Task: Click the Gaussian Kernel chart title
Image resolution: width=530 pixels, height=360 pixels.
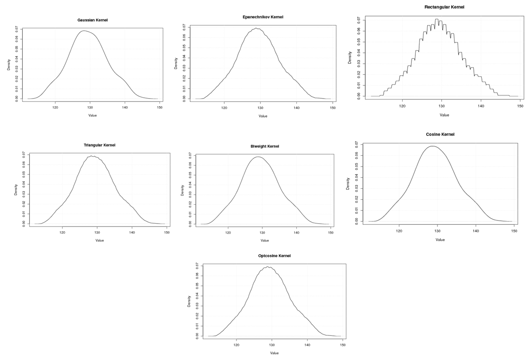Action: (x=96, y=20)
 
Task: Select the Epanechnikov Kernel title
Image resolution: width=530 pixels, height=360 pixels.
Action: (x=263, y=17)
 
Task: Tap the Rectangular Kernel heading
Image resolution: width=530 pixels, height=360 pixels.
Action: (x=444, y=7)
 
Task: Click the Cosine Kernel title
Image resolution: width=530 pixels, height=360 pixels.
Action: (x=440, y=134)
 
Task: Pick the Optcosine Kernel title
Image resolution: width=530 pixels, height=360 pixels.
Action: (x=271, y=256)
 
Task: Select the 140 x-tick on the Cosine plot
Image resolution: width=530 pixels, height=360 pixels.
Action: (x=476, y=231)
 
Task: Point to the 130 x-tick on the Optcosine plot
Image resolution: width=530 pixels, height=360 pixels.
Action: (x=272, y=345)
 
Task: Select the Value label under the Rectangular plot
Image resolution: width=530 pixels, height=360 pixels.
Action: (x=444, y=115)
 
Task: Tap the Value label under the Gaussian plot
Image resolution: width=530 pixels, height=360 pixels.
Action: (x=93, y=116)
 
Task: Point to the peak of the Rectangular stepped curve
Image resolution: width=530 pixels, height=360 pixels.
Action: (x=437, y=19)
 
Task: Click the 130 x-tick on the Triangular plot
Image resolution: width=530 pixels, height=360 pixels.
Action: (x=97, y=233)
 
